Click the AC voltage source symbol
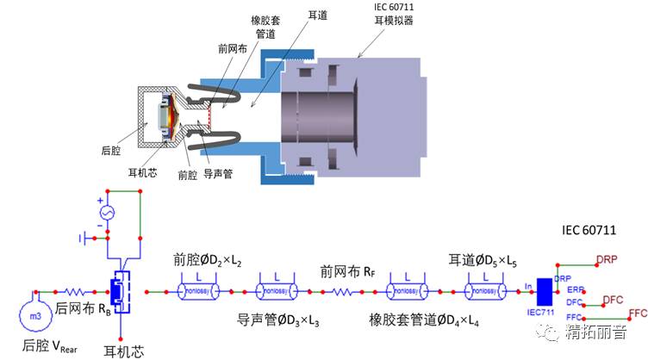coord(106,211)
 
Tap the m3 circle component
coord(35,317)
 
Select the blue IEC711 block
coord(543,293)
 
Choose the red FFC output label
coord(638,313)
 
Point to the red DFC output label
coord(613,299)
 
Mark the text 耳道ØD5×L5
coord(484,258)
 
